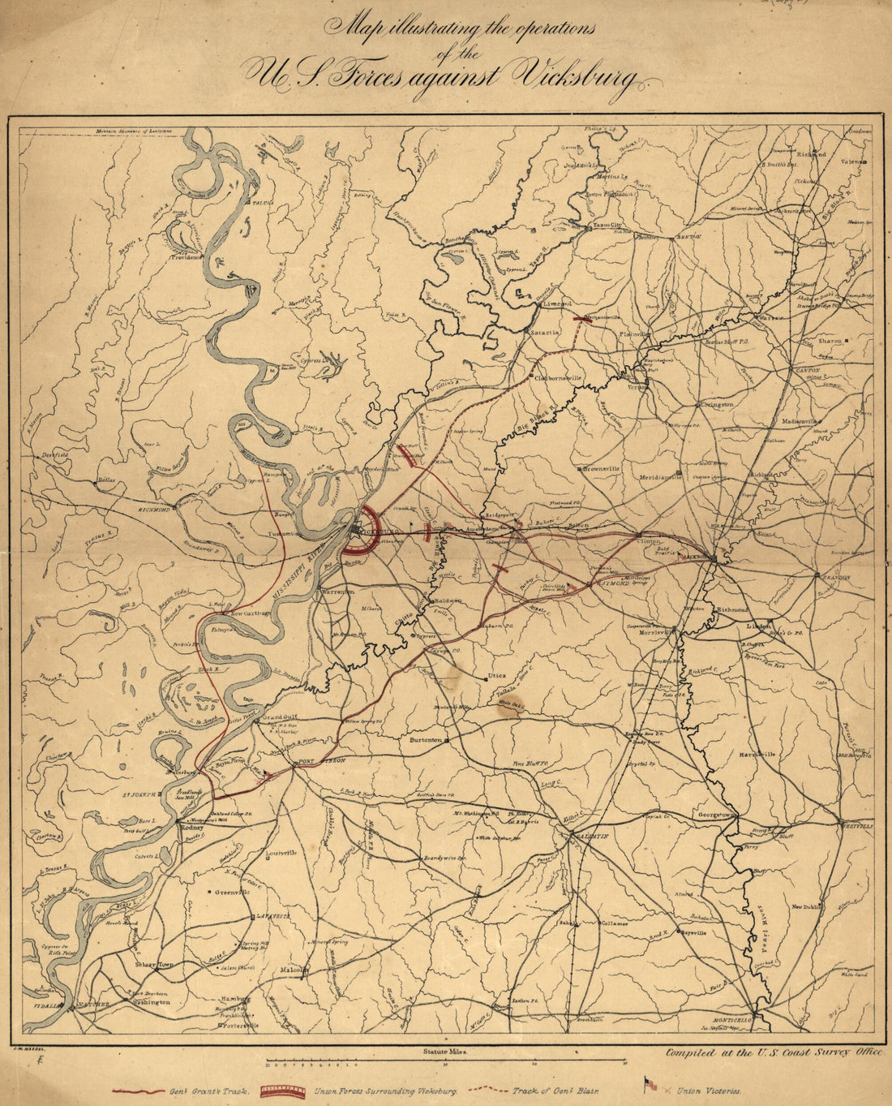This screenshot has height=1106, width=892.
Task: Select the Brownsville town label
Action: click(601, 469)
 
